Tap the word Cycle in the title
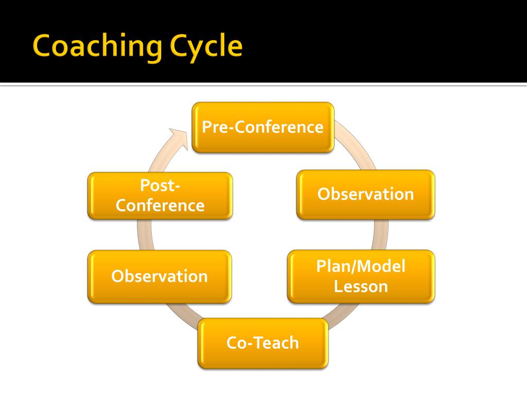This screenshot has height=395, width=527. point(206,47)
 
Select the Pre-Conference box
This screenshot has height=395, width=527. point(263,128)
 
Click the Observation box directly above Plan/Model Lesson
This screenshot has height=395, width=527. point(366,195)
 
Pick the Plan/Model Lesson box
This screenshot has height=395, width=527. point(361,276)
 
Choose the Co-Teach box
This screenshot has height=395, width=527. point(263,343)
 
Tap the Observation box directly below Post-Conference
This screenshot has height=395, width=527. point(160,277)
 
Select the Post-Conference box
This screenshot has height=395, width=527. point(160,196)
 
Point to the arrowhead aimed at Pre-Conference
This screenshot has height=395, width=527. point(178,138)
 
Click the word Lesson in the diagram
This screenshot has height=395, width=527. point(361,286)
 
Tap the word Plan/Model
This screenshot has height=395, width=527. point(361,266)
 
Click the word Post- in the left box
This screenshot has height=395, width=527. point(160,185)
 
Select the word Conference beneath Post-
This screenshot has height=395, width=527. point(160,206)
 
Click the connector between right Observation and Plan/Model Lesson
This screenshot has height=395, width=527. point(381,235)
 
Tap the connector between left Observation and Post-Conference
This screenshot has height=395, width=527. point(145,235)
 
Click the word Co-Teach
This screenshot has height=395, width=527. point(263,343)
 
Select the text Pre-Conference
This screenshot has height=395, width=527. point(263,128)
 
